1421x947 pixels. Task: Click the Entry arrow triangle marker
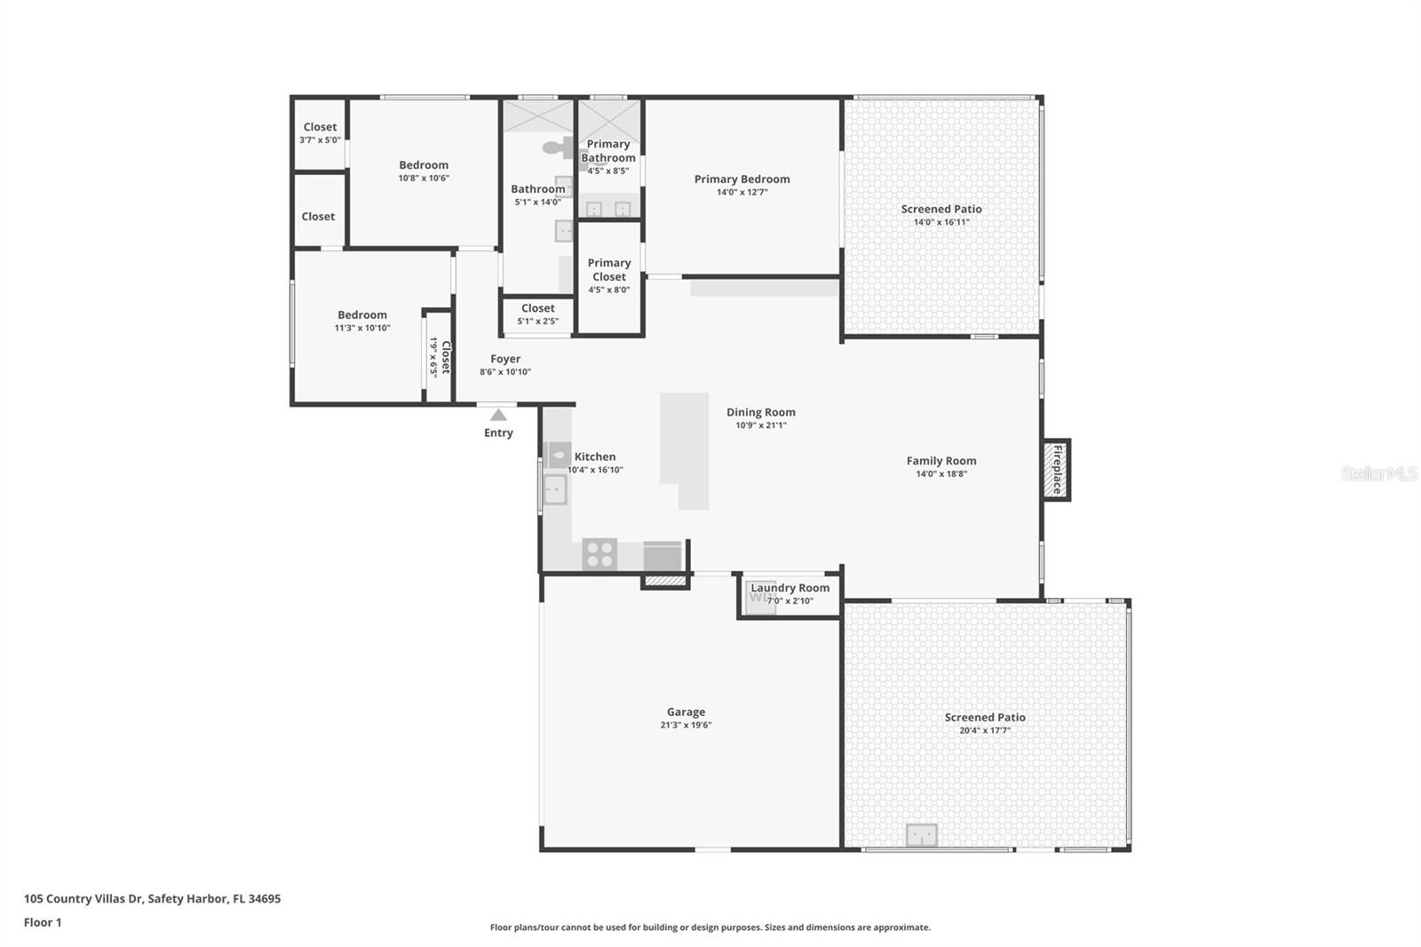click(498, 415)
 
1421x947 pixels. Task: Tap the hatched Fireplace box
click(1056, 470)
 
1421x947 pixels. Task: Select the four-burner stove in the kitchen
click(599, 554)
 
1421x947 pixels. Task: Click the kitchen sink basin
click(555, 489)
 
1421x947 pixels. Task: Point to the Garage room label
click(686, 712)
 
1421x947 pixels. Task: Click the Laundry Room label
click(790, 588)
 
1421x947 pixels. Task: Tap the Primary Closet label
click(609, 270)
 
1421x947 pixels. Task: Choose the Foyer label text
click(505, 359)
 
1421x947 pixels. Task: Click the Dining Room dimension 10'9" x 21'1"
click(760, 426)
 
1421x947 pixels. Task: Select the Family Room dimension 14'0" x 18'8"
click(941, 473)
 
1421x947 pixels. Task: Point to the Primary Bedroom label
click(742, 179)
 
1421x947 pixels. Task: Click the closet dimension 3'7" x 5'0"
click(320, 139)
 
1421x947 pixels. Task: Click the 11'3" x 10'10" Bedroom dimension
click(362, 328)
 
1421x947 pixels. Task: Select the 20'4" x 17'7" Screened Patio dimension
click(985, 730)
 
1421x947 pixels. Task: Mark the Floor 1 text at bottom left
click(43, 922)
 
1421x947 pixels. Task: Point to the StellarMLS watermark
click(1379, 473)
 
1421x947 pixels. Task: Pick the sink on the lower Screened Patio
click(922, 835)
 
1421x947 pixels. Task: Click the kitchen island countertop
click(685, 450)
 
